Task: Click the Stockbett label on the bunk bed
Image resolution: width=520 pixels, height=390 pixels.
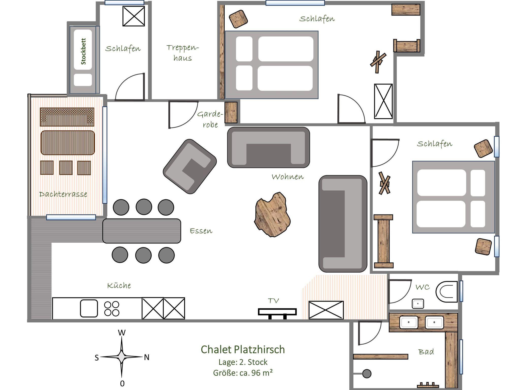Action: click(x=83, y=51)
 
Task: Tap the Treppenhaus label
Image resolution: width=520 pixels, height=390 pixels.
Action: click(x=183, y=53)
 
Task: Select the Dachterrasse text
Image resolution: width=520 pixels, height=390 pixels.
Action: click(x=63, y=194)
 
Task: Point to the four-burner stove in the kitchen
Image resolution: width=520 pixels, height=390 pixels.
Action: click(x=112, y=309)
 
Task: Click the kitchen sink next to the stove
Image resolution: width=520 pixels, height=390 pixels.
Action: click(x=89, y=308)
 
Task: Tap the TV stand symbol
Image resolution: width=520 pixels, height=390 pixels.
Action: click(x=277, y=313)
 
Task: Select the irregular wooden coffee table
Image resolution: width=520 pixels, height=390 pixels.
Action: click(x=272, y=215)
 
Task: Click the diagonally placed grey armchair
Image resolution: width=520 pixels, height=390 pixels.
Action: click(x=190, y=167)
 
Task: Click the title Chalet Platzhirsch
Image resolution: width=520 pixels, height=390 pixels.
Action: click(x=243, y=349)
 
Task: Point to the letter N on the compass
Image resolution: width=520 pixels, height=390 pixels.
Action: click(x=147, y=357)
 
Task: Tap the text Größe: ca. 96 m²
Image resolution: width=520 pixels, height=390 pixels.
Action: click(x=243, y=373)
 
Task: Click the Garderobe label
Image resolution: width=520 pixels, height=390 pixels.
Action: click(x=210, y=119)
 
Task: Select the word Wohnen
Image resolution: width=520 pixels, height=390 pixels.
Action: click(x=288, y=176)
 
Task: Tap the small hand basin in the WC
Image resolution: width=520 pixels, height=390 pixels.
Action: click(x=418, y=304)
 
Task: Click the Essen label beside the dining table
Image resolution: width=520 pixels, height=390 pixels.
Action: click(x=201, y=231)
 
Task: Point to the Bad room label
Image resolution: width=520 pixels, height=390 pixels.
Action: click(x=426, y=352)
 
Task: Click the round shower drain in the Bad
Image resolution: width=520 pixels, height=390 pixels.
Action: click(x=367, y=374)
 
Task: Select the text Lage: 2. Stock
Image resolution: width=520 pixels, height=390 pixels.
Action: click(x=243, y=362)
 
